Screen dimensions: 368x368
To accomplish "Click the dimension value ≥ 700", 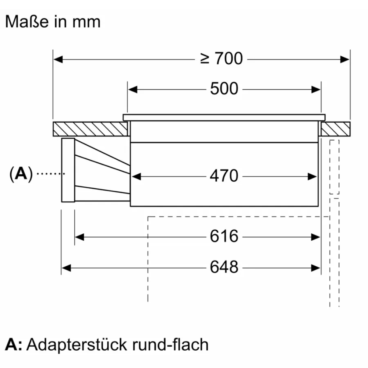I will pyautogui.click(x=222, y=59).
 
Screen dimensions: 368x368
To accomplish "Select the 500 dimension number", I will pyautogui.click(x=224, y=89).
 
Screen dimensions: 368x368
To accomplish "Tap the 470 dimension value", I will pyautogui.click(x=224, y=176).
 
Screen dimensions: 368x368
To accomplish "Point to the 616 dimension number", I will pyautogui.click(x=224, y=237).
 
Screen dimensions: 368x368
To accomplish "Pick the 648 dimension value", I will pyautogui.click(x=224, y=267).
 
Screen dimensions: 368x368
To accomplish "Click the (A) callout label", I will pyautogui.click(x=21, y=174).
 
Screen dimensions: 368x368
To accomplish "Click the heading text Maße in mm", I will pyautogui.click(x=53, y=22).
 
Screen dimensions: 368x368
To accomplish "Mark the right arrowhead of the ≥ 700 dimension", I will pyautogui.click(x=345, y=59).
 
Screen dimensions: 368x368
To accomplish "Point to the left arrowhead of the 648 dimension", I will pyautogui.click(x=66, y=267).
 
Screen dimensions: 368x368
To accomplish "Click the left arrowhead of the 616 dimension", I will pyautogui.click(x=79, y=237).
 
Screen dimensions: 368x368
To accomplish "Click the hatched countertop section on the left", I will pyautogui.click(x=90, y=128).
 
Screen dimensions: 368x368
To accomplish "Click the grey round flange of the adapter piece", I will pyautogui.click(x=68, y=170).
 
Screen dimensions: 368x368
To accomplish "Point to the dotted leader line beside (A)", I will pyautogui.click(x=49, y=174).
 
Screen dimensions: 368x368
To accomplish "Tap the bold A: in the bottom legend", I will pyautogui.click(x=14, y=345).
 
